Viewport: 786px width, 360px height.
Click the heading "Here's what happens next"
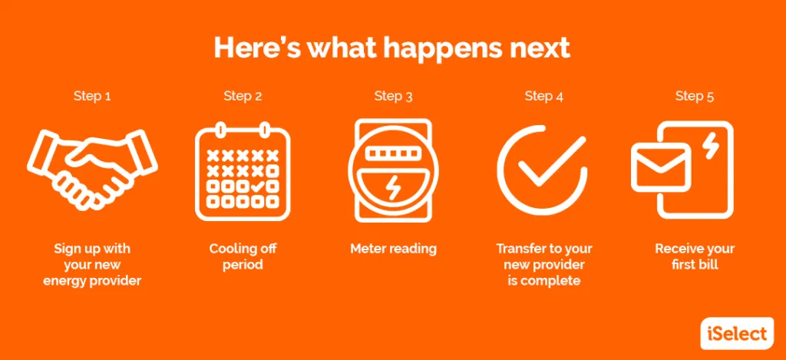coord(392,48)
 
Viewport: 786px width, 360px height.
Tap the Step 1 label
coord(92,96)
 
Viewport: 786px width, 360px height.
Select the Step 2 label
coord(243,96)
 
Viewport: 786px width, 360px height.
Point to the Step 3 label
coord(393,96)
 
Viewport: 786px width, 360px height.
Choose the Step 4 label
coord(544,96)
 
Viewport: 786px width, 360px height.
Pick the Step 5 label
coord(694,96)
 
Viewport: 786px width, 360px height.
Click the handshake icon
coord(92,170)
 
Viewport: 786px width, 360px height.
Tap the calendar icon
coord(243,170)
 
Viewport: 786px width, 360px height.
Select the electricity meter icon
coord(393,170)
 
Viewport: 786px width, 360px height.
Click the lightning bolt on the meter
coord(393,189)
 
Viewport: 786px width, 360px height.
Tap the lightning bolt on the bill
coord(710,147)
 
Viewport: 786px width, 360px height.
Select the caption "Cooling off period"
coord(243,256)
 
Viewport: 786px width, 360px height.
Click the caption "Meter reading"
coord(393,249)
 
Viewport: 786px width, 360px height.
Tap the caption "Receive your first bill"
coord(694,256)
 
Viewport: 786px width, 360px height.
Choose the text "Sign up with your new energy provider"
coord(92,264)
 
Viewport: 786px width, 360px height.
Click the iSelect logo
coord(737,333)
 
